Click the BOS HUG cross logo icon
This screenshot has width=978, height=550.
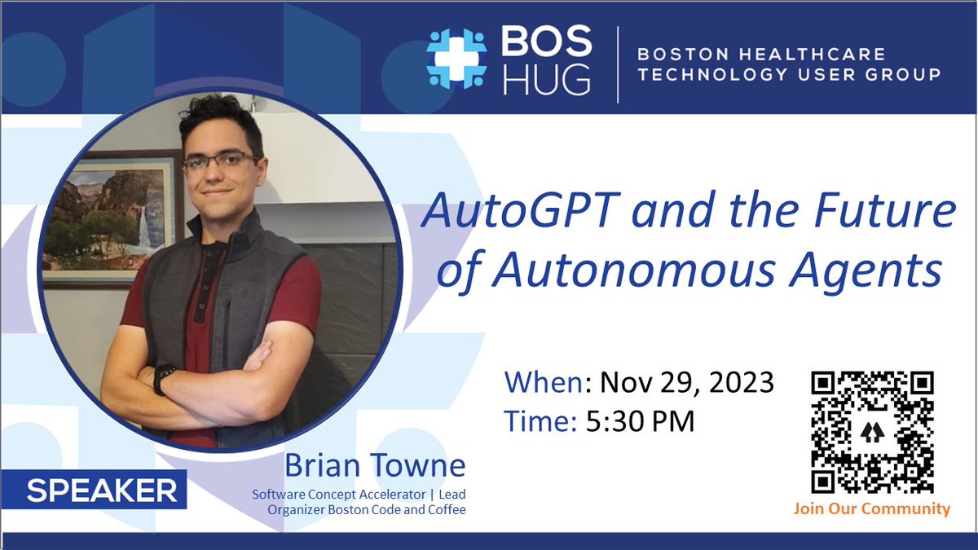456,59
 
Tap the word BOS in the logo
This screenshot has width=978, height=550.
545,41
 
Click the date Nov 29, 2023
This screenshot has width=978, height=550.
686,382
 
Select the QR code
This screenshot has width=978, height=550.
872,432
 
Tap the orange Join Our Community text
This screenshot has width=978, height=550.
871,509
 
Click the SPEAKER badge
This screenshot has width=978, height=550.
101,490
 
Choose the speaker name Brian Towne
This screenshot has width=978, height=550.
375,466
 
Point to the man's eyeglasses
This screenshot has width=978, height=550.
221,161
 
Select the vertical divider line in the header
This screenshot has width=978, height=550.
617,64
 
